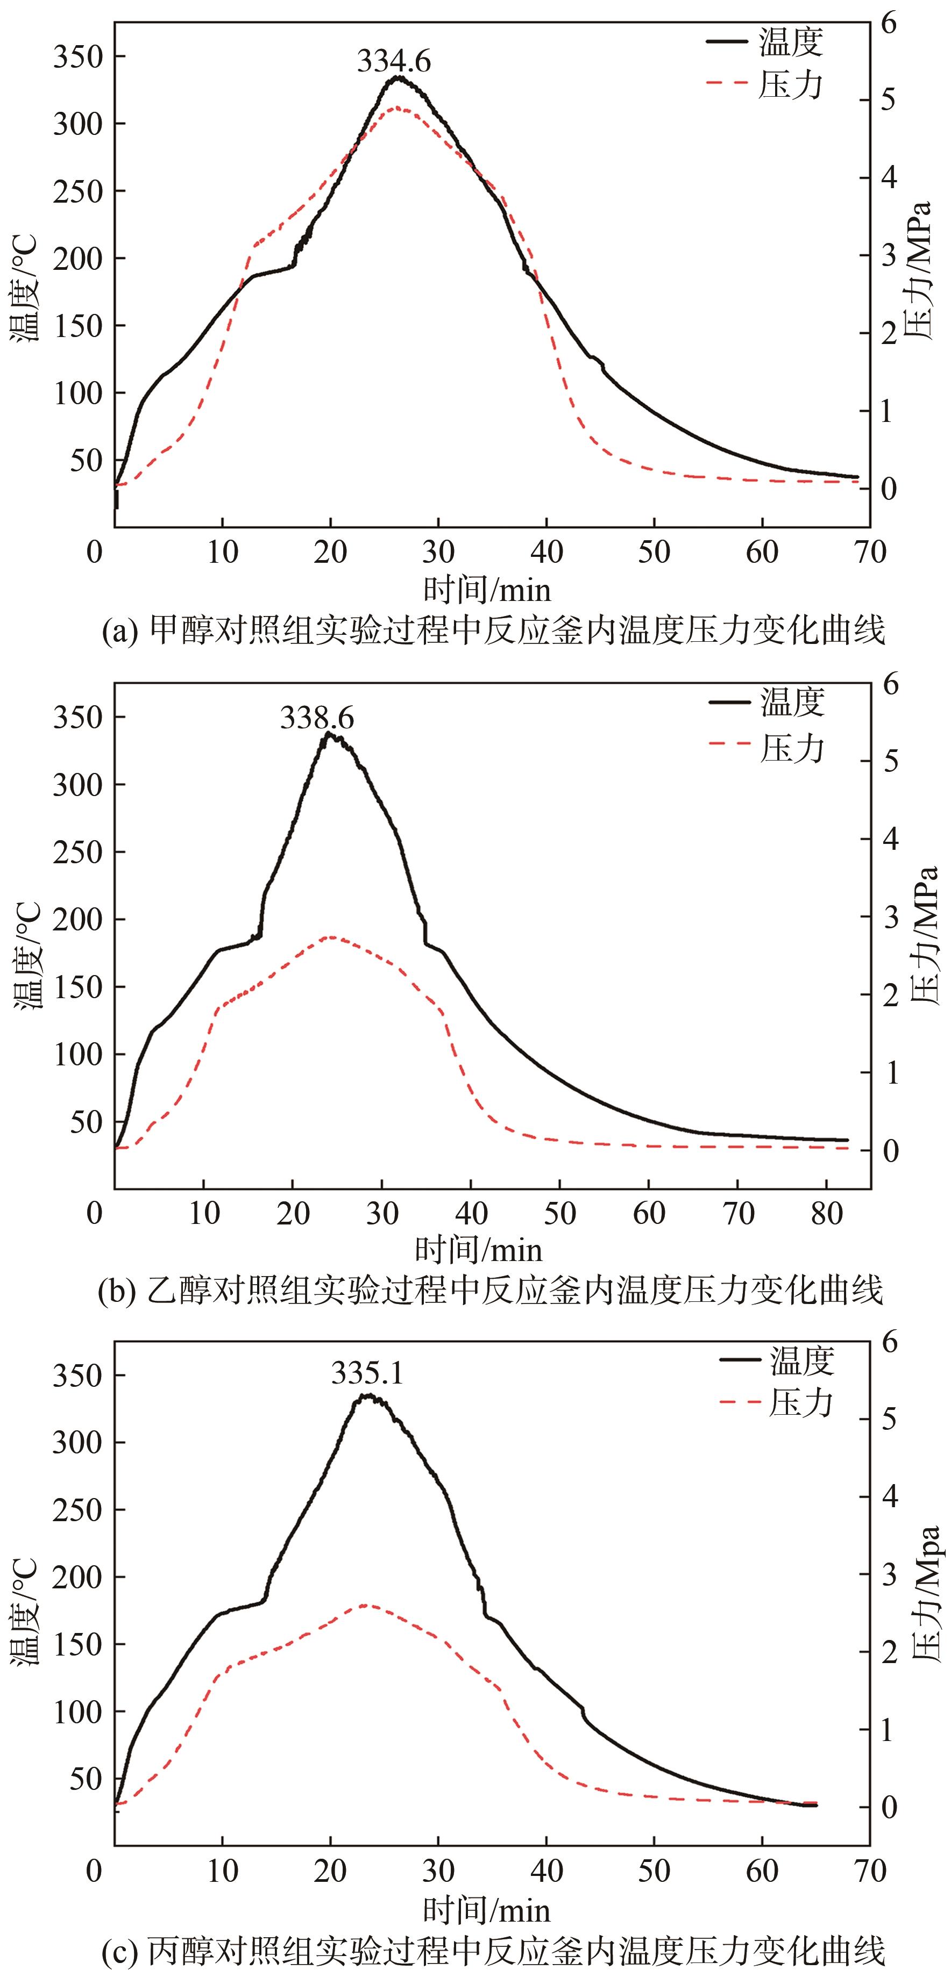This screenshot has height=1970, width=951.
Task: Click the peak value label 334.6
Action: [x=394, y=61]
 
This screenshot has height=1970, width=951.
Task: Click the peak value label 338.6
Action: [x=317, y=718]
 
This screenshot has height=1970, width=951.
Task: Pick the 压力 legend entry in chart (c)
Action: [x=777, y=1402]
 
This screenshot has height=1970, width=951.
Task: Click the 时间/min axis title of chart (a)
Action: [x=487, y=590]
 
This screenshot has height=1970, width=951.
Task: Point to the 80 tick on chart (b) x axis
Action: [x=826, y=1213]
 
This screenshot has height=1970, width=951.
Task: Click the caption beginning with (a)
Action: [x=493, y=631]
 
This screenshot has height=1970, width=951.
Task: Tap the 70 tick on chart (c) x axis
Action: [x=870, y=1871]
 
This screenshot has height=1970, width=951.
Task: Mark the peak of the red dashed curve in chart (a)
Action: [x=396, y=108]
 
